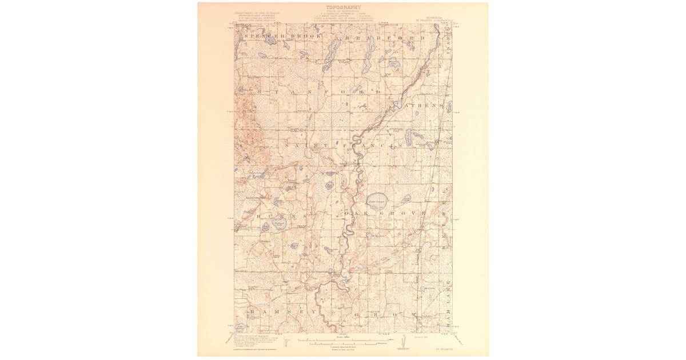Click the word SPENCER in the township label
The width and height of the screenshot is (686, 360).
click(262, 37)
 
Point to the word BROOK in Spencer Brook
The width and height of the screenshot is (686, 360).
click(303, 37)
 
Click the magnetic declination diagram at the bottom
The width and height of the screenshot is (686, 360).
click(405, 341)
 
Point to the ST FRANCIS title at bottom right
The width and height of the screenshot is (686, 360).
click(440, 346)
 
